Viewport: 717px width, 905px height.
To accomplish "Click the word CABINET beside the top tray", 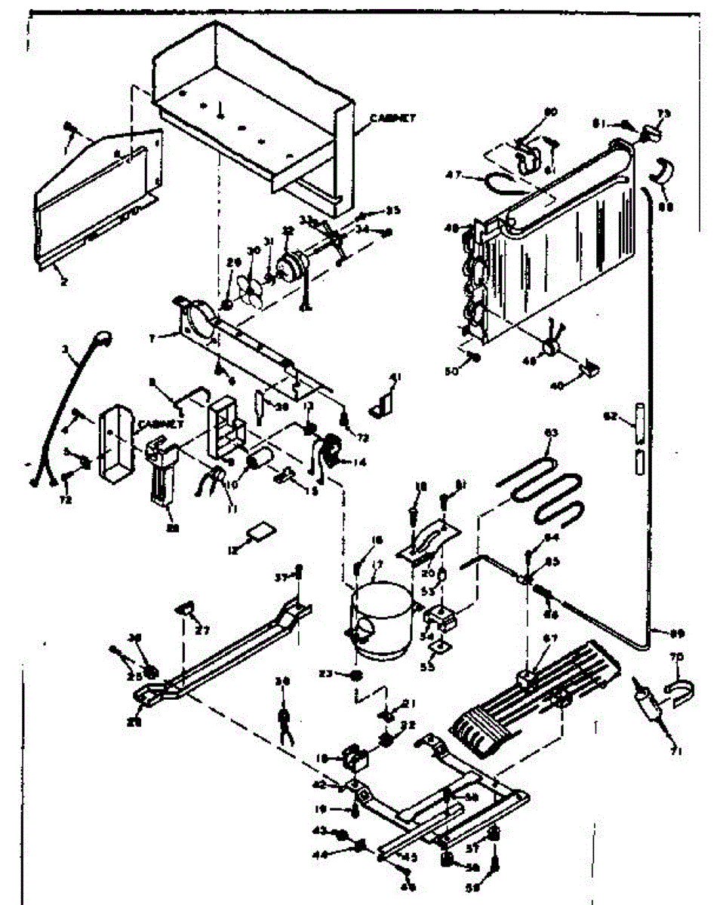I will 393,118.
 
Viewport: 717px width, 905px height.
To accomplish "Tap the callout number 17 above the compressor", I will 377,564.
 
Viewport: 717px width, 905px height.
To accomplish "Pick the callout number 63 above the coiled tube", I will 552,434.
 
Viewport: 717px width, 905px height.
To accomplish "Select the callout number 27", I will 202,630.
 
